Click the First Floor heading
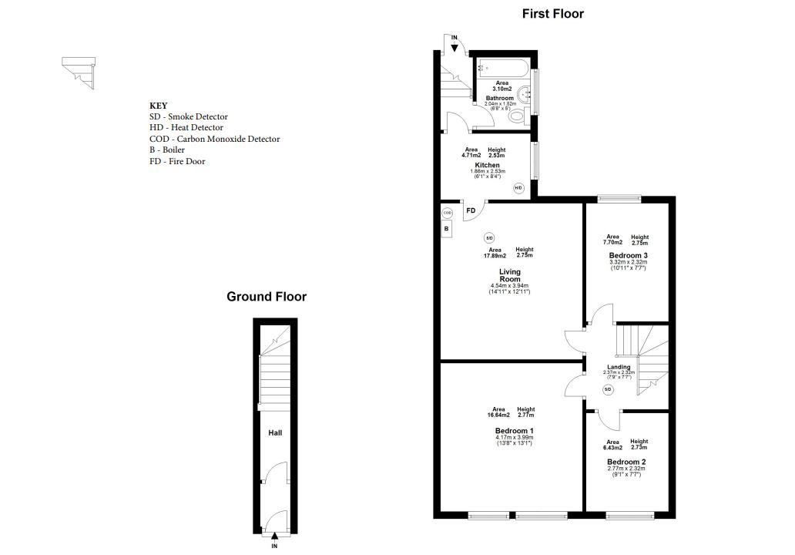tap(552, 14)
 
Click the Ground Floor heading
tap(267, 297)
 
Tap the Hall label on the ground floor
tap(275, 432)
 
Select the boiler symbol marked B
tap(446, 229)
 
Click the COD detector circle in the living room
tap(447, 213)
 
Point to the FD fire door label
tap(471, 210)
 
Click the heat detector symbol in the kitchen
tap(518, 188)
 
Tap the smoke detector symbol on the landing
tap(608, 389)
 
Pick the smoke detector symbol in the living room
tap(489, 237)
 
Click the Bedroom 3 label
tap(628, 255)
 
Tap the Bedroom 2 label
tap(626, 462)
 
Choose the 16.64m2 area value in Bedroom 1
tap(498, 415)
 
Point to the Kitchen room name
tap(487, 166)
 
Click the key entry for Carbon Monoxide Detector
tap(214, 139)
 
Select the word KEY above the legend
tap(158, 106)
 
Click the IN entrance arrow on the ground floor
tap(274, 536)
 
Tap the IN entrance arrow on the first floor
tap(455, 49)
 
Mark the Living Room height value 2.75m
tap(525, 255)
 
